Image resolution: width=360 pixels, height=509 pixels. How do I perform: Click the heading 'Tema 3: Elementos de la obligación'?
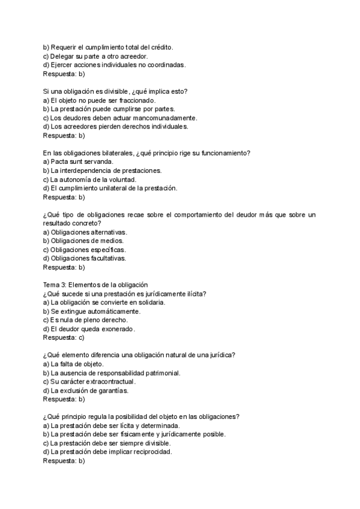(x=95, y=285)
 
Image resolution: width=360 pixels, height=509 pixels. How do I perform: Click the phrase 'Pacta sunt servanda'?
(x=82, y=161)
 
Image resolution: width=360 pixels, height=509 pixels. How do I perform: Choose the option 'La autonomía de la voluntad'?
(x=89, y=179)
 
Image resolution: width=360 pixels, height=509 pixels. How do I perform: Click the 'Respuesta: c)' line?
(x=64, y=337)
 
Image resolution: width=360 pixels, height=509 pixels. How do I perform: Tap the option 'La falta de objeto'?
(x=74, y=364)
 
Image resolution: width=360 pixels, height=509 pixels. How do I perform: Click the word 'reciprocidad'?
(x=152, y=451)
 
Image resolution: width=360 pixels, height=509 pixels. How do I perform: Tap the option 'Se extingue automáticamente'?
(x=92, y=311)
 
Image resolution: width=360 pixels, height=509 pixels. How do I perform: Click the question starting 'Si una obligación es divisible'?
(x=115, y=91)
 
